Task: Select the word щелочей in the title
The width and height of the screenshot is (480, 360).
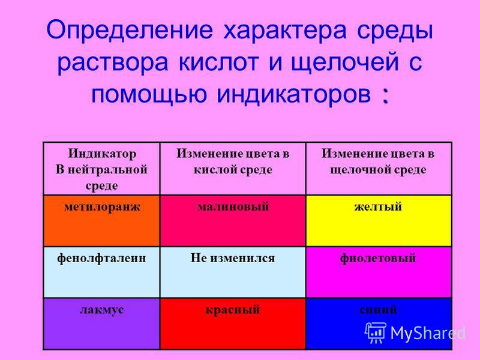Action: tap(344, 63)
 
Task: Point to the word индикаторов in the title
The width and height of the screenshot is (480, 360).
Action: tap(294, 94)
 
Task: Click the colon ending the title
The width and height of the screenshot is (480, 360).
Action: tap(385, 96)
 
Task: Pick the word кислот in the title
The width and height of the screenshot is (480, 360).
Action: tap(218, 62)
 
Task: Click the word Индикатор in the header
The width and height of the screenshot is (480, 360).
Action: tap(102, 154)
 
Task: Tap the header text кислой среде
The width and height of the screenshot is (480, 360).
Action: tap(233, 170)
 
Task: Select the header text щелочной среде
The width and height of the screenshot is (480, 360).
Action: tap(378, 170)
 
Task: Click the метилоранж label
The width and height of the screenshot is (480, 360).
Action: tap(102, 207)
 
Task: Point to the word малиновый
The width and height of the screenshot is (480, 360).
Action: tap(233, 206)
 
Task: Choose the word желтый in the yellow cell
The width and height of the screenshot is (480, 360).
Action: tap(378, 206)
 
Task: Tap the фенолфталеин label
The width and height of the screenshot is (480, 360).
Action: tap(101, 259)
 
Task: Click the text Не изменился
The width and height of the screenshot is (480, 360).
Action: tap(233, 258)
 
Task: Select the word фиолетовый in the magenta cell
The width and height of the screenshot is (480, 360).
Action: tap(378, 259)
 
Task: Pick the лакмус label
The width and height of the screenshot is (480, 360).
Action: tap(102, 310)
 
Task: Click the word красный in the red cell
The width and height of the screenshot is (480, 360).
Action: tap(233, 310)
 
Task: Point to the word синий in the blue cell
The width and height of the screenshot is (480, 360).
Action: tap(378, 310)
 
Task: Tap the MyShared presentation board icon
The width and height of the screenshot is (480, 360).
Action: tap(376, 332)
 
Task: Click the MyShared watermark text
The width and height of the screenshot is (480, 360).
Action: tap(428, 333)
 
